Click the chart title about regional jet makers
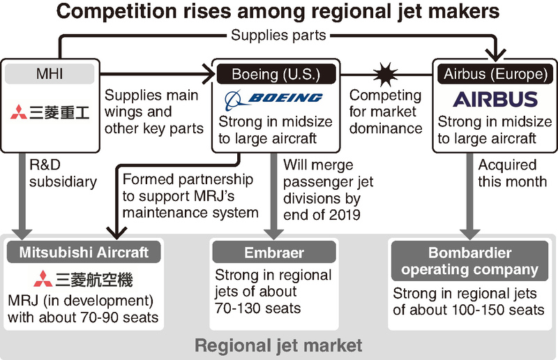[x=278, y=13]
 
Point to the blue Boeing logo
[x=276, y=98]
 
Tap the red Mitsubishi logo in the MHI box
[x=52, y=112]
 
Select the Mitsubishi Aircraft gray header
[x=84, y=252]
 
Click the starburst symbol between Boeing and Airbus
[x=385, y=73]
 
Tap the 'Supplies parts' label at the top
[x=278, y=35]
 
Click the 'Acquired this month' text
[x=513, y=174]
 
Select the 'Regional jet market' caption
[x=278, y=345]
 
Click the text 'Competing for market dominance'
[x=386, y=111]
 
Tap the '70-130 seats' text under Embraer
[x=257, y=308]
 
